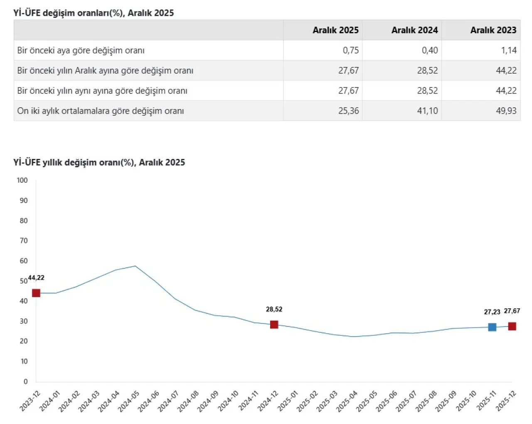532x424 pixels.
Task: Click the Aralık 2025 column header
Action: pyautogui.click(x=335, y=30)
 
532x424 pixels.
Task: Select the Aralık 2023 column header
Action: pyautogui.click(x=493, y=30)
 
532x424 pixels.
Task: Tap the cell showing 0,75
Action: pyautogui.click(x=351, y=50)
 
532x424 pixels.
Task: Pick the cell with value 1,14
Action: pyautogui.click(x=509, y=50)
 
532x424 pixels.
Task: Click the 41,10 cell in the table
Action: pyautogui.click(x=427, y=111)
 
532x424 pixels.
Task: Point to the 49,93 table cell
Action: pyautogui.click(x=506, y=111)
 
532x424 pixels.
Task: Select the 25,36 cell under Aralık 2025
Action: pyautogui.click(x=348, y=111)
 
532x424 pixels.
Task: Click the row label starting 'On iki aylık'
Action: pyautogui.click(x=100, y=111)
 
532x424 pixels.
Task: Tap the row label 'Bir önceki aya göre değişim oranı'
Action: pyautogui.click(x=81, y=50)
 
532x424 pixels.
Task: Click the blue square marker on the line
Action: pyautogui.click(x=492, y=327)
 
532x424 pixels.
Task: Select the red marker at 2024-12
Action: pyautogui.click(x=274, y=325)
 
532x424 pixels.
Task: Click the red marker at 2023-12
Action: pyautogui.click(x=36, y=293)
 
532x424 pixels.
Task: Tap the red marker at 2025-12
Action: pyautogui.click(x=512, y=326)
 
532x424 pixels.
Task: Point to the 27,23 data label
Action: pyautogui.click(x=492, y=312)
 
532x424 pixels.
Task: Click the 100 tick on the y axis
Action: pyautogui.click(x=22, y=180)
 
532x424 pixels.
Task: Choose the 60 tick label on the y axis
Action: pyautogui.click(x=24, y=261)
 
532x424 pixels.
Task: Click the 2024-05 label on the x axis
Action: pyautogui.click(x=129, y=402)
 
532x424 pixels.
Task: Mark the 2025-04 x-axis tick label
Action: pyautogui.click(x=347, y=402)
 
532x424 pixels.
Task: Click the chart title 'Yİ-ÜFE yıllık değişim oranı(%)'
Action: pyautogui.click(x=99, y=162)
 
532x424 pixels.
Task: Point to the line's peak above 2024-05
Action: pyautogui.click(x=135, y=266)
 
